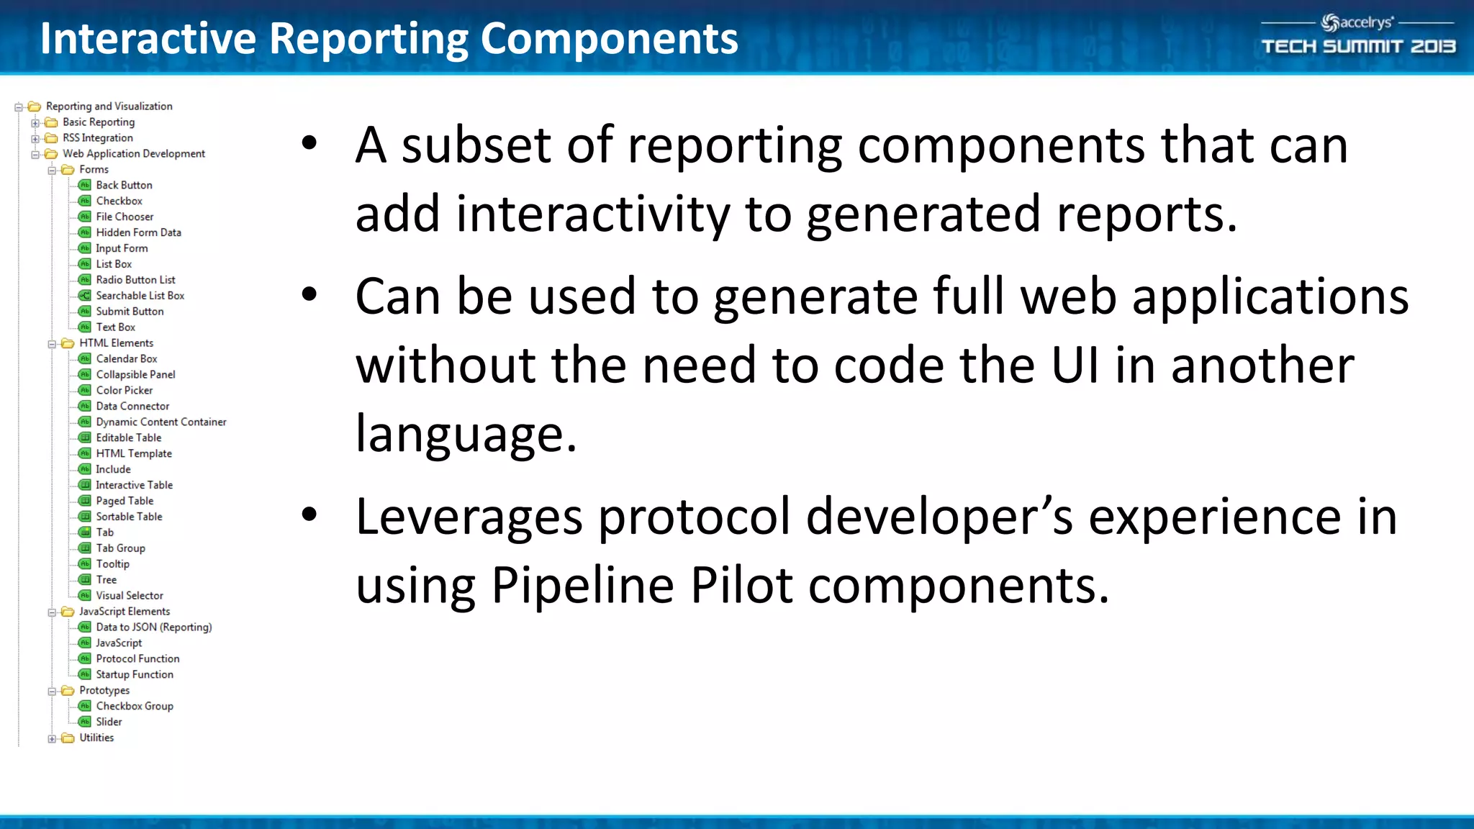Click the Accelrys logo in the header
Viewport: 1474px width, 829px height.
click(x=1357, y=23)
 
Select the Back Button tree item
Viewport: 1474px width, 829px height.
click(x=124, y=185)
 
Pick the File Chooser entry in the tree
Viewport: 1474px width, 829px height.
click(x=125, y=217)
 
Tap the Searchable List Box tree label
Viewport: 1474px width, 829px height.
click(x=140, y=296)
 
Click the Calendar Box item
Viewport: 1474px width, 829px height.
click(x=126, y=358)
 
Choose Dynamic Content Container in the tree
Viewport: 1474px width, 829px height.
click(x=160, y=422)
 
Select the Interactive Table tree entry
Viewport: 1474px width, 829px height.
click(x=134, y=485)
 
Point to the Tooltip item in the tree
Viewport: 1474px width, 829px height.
click(x=112, y=564)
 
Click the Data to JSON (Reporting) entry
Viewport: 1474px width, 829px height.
click(x=153, y=627)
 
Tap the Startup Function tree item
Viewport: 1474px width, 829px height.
click(x=135, y=674)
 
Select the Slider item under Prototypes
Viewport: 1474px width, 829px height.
click(x=109, y=722)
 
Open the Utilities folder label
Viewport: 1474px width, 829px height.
click(x=96, y=738)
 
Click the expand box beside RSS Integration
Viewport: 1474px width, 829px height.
click(x=35, y=138)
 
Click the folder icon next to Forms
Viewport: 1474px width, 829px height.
click(x=68, y=170)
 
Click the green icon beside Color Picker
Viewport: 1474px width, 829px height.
click(x=85, y=390)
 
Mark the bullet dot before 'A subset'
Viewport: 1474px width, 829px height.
click(x=309, y=143)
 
